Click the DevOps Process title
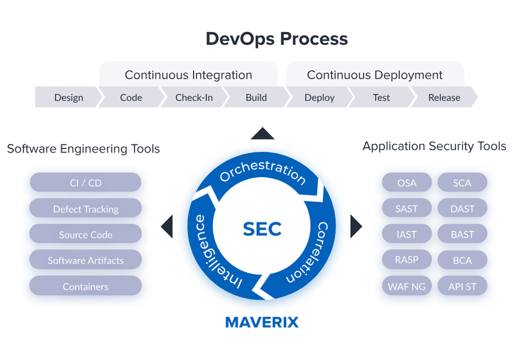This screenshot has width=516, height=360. coord(277,39)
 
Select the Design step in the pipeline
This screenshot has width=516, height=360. coord(68,98)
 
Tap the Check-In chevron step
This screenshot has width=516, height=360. coord(193,98)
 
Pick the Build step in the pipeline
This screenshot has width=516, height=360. coord(256,98)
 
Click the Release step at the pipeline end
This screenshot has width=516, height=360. coord(444,98)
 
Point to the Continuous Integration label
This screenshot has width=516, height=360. coord(188,75)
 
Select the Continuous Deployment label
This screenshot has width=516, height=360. coord(375,75)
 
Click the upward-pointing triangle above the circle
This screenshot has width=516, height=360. coord(262,134)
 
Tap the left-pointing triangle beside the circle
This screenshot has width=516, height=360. coord(167,227)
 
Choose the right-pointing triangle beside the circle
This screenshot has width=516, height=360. coord(356,226)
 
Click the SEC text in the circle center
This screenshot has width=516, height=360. coord(262,228)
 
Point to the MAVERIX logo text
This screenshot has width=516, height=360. coord(262,323)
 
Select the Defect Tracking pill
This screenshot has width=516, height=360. coord(86,209)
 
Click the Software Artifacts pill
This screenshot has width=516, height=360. coord(86,260)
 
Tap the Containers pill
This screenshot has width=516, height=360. coord(86,286)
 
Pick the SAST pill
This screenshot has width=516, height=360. coord(407,209)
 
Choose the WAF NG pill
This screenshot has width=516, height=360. coord(407,286)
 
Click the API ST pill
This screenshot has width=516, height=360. coord(462,286)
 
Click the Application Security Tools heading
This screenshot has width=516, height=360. coord(434,146)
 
